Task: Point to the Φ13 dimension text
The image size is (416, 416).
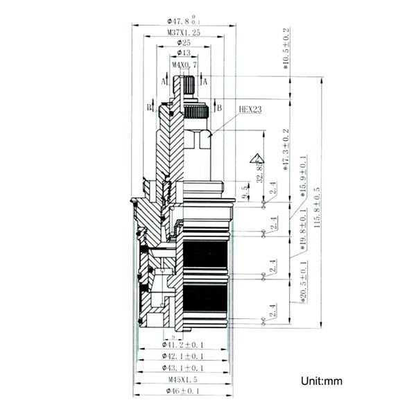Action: (184, 53)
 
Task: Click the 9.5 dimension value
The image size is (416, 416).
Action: (244, 192)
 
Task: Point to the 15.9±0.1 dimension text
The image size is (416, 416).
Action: (304, 179)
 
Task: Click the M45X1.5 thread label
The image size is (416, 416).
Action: (183, 380)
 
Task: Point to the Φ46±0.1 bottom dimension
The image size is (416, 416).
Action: (183, 392)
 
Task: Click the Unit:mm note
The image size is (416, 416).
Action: (321, 381)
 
